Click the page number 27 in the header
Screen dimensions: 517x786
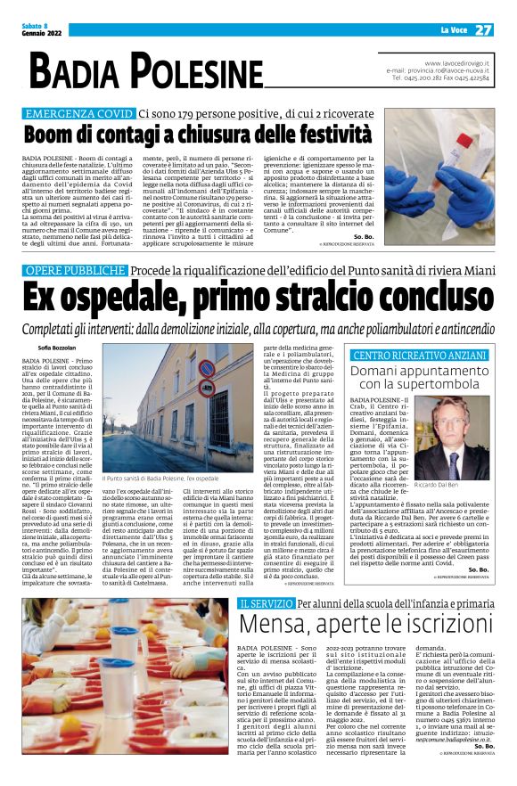[484, 29]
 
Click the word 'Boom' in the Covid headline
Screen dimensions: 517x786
[48, 135]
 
